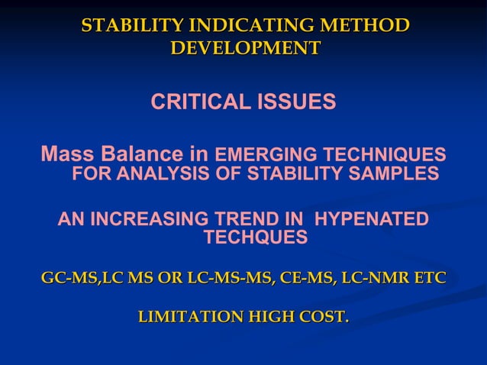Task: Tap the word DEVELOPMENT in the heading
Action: [x=245, y=48]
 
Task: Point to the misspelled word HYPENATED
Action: [x=372, y=219]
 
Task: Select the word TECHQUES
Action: [x=256, y=238]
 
